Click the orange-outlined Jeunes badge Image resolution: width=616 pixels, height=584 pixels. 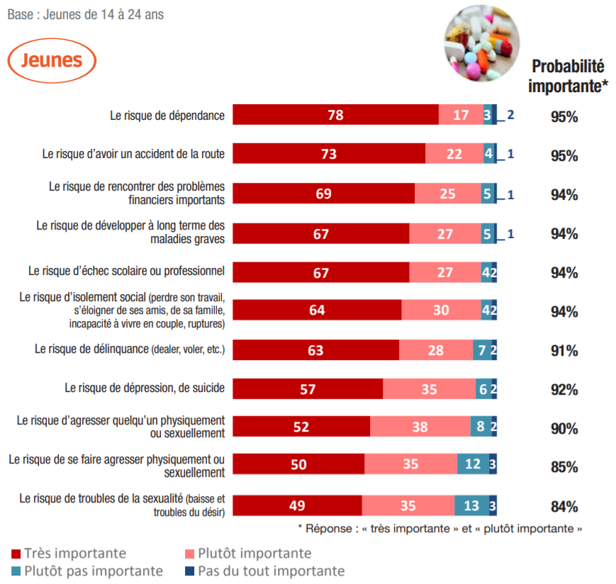pos(52,60)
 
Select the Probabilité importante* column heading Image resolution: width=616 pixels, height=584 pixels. pos(568,77)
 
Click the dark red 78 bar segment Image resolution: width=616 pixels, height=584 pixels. pos(335,115)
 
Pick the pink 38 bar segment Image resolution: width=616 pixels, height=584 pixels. pos(420,427)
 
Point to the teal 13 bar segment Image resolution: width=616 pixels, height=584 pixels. pos(471,505)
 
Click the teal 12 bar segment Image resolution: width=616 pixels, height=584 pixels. pos(473,465)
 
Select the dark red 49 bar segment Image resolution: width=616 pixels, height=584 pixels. pos(297,505)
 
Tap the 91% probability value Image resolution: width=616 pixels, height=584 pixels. pos(564,351)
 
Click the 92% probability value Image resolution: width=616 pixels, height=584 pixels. pos(564,390)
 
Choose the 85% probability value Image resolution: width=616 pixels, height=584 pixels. pos(564,468)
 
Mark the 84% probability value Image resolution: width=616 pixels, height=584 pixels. pos(564,507)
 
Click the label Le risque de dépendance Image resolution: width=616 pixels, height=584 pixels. pos(167,115)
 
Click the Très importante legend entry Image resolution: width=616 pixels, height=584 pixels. pos(69,553)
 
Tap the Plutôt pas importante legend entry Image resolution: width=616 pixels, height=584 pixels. pos(87,571)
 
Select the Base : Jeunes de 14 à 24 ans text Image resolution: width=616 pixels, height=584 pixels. pos(85,14)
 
